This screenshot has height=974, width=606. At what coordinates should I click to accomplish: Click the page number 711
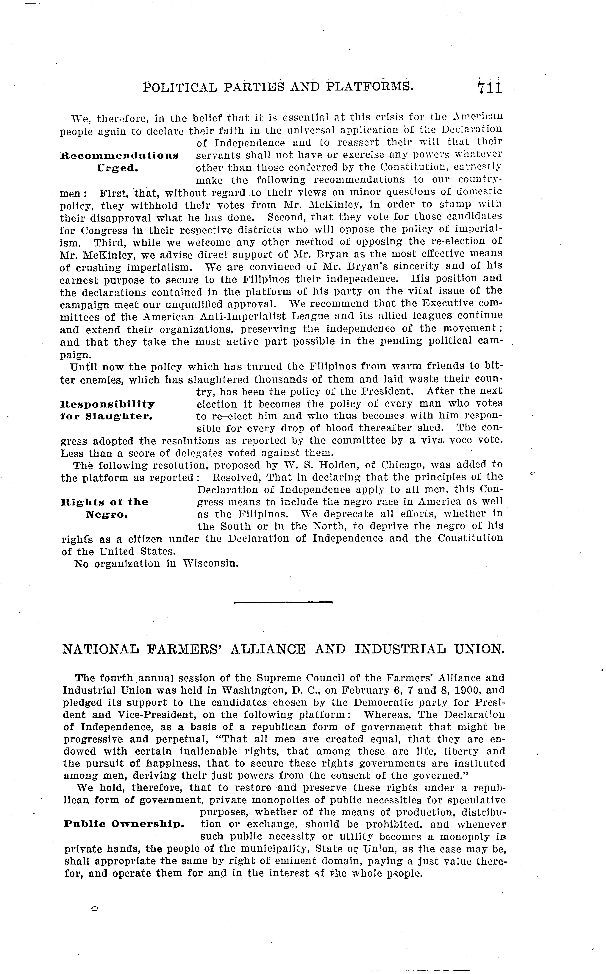489,87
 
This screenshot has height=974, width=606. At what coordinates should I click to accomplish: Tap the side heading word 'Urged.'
118,168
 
